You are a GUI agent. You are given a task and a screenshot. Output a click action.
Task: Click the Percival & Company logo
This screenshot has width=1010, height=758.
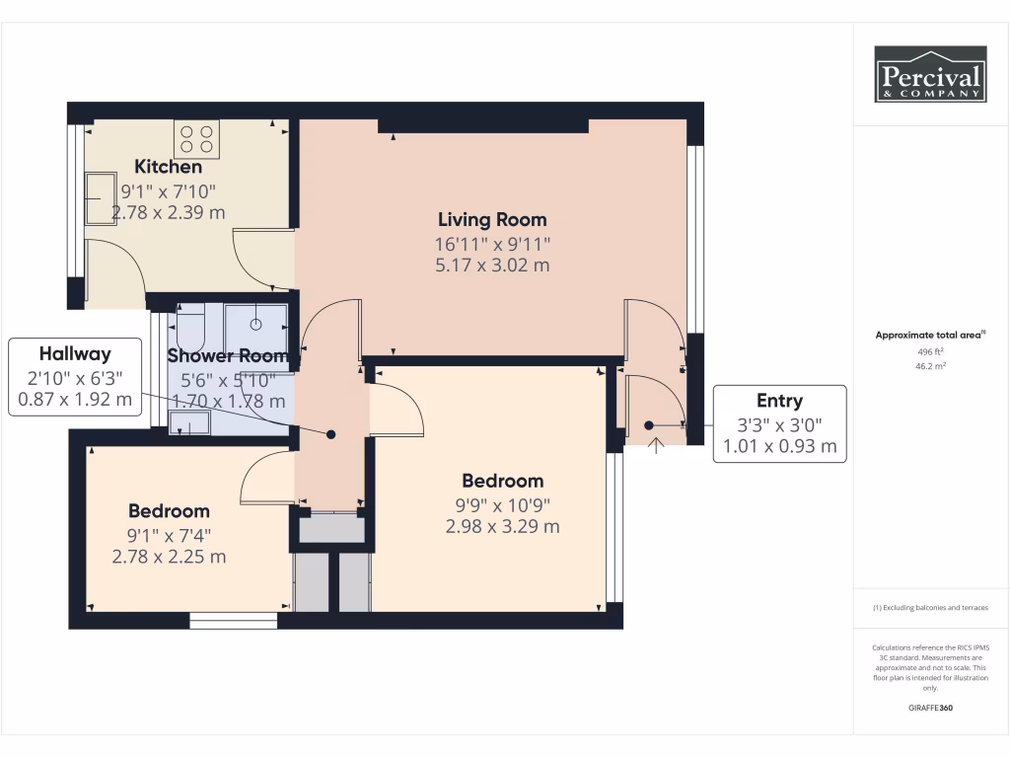pos(930,74)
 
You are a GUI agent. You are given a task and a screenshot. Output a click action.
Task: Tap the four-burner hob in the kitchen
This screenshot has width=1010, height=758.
pos(196,139)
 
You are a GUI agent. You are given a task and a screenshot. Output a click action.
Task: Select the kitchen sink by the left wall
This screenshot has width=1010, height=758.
pos(101,198)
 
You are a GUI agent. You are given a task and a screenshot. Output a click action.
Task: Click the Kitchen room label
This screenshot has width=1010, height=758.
pos(169,167)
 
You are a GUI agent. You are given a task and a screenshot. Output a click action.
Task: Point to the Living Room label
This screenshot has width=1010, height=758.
pos(493,219)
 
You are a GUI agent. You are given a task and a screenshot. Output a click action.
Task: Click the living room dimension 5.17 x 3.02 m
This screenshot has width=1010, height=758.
pos(493,265)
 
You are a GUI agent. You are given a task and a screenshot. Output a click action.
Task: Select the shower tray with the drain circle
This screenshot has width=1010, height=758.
pos(255,324)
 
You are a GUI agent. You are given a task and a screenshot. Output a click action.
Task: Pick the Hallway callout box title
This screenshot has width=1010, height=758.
pos(75,353)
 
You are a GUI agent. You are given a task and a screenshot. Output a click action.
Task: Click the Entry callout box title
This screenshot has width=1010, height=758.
pos(779,401)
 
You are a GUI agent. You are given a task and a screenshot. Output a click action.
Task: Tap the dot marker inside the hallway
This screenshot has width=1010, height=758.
pos(331,434)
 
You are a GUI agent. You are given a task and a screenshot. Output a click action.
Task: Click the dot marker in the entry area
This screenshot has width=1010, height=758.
pos(649,425)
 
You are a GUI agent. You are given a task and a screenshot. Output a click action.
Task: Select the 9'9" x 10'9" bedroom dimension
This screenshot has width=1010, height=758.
pos(503,503)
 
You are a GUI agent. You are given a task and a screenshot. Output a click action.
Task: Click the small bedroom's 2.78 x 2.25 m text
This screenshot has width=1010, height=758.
pos(169,557)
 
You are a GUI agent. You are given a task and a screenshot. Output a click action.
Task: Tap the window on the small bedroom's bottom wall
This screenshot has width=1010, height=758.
pos(233,621)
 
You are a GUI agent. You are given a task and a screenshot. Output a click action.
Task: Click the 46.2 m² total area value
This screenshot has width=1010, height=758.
pos(925,365)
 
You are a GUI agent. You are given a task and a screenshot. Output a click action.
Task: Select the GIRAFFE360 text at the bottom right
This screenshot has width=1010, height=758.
pos(931,708)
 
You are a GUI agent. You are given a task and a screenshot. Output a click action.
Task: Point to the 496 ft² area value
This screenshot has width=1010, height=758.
pos(925,350)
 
